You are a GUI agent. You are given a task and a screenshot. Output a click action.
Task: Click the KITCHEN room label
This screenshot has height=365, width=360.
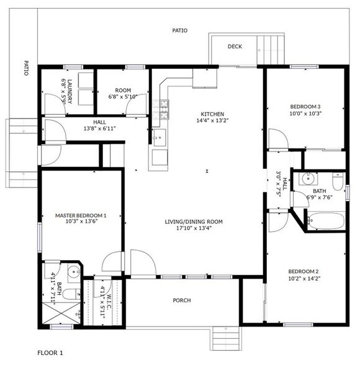click(212, 114)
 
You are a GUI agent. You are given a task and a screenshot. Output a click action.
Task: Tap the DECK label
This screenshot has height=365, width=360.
click(235, 47)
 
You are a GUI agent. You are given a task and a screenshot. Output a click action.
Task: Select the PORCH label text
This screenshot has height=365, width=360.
click(182, 300)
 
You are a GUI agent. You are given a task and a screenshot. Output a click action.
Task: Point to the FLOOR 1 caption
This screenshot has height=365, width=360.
click(50, 353)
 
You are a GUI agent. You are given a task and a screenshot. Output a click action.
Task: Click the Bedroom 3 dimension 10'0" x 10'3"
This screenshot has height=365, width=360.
click(305, 114)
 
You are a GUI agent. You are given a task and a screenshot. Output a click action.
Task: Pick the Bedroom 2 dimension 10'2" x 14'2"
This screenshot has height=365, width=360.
click(304, 278)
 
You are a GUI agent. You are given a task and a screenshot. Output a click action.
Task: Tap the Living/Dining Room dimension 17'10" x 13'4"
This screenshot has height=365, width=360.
click(194, 228)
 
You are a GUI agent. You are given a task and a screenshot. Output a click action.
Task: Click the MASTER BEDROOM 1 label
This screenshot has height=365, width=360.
click(81, 215)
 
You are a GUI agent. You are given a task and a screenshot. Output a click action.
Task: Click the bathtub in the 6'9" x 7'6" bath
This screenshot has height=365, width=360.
click(326, 221)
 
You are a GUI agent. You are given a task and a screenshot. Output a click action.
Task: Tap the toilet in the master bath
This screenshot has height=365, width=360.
click(71, 294)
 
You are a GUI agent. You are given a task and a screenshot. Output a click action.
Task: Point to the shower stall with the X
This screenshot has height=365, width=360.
click(61, 313)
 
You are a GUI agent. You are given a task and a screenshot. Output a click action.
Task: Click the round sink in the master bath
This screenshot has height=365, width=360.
click(74, 271)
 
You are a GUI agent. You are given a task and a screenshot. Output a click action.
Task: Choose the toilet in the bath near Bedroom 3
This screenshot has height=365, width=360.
click(338, 181)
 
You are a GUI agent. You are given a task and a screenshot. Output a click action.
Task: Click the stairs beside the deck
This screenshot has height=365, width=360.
click(271, 50)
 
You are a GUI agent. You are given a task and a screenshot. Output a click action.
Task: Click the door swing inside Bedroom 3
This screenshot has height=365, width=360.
click(279, 138)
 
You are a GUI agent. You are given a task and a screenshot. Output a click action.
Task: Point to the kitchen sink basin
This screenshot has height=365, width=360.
click(160, 138)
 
